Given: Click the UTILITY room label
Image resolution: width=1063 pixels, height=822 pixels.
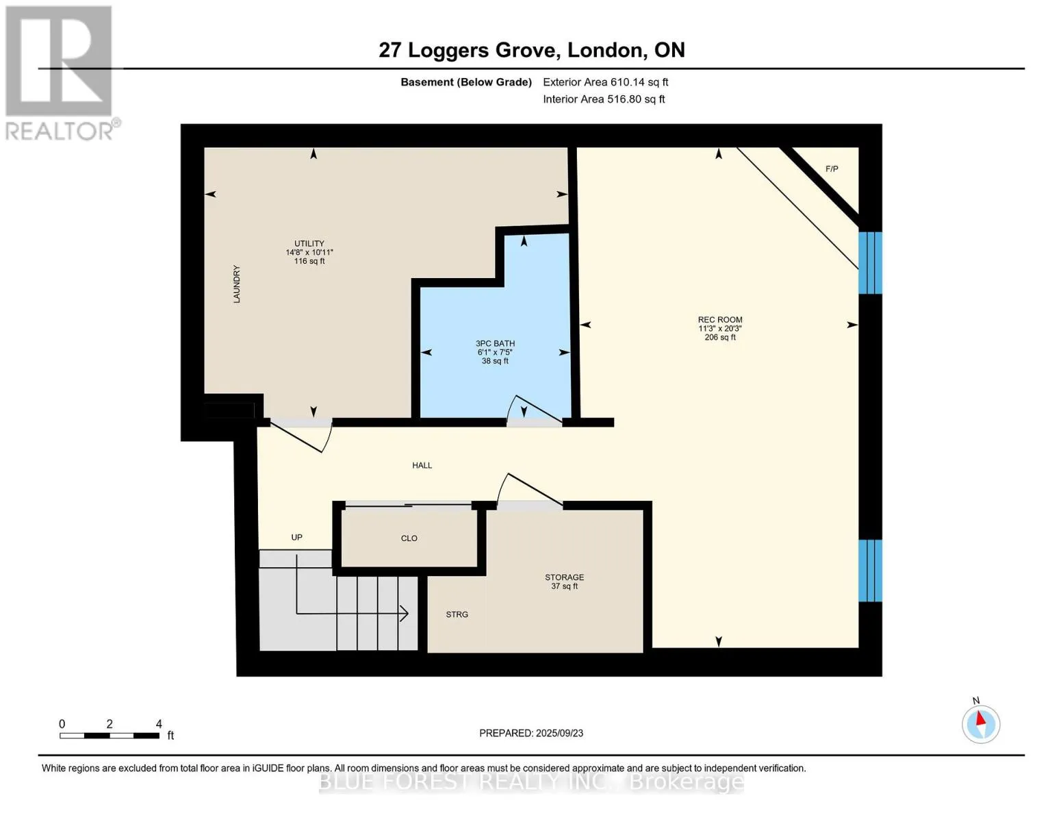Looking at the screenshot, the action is (309, 243).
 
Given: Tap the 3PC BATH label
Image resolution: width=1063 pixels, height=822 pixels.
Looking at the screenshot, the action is (495, 344).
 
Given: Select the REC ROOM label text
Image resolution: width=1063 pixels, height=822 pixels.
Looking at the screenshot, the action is (720, 320).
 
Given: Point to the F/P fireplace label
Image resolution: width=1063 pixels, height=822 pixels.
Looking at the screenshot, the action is (832, 169).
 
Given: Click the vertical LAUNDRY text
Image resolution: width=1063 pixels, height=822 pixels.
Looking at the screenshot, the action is (237, 284).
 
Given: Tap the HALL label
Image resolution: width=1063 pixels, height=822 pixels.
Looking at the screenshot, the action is (422, 466).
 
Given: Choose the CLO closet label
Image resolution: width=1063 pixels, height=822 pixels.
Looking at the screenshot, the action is (409, 538).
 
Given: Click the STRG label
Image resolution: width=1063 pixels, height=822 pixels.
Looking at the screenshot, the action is (457, 614).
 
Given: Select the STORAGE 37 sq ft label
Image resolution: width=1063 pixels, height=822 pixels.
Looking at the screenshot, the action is (565, 582).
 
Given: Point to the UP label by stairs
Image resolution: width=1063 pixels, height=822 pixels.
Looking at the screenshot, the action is (297, 537).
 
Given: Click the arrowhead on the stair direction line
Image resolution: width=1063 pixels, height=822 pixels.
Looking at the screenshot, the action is (404, 613).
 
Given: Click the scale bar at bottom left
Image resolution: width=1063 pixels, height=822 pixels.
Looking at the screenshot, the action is (110, 736).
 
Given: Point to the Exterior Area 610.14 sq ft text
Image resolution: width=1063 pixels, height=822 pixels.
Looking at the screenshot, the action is (606, 82).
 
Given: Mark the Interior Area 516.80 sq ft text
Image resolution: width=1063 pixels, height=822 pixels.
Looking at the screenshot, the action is (604, 99).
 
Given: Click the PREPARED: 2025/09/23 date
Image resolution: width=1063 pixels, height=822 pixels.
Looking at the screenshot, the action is (531, 734).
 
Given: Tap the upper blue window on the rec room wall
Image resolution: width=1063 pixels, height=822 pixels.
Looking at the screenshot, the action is (870, 263).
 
